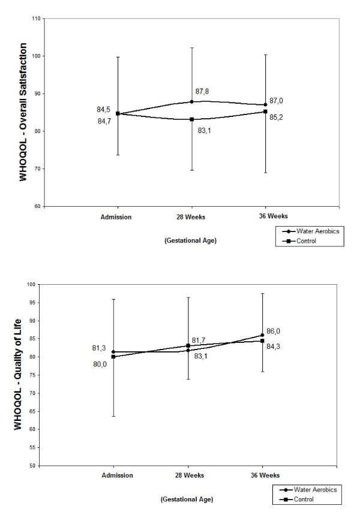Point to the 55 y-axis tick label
[x=37, y=447]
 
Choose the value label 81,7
[x=199, y=340]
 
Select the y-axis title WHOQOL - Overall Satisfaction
[x=24, y=112]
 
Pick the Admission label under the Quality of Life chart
[x=117, y=477]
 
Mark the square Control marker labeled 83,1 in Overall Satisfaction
[x=191, y=119]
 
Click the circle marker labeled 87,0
[x=265, y=105]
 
